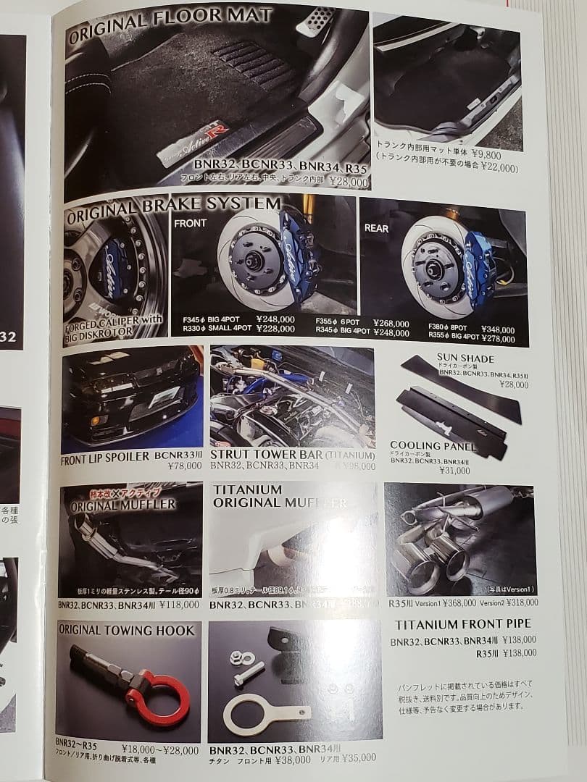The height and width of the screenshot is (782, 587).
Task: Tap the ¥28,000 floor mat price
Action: click(349, 182)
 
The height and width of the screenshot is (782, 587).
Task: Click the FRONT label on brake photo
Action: click(191, 224)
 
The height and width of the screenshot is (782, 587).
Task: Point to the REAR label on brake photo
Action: click(376, 228)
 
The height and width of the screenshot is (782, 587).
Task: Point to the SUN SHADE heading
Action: click(465, 358)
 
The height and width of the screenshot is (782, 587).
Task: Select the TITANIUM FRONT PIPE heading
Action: click(462, 624)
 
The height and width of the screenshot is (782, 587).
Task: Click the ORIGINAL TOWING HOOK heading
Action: click(127, 631)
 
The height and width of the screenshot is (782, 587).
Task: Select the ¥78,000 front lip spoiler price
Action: click(184, 466)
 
